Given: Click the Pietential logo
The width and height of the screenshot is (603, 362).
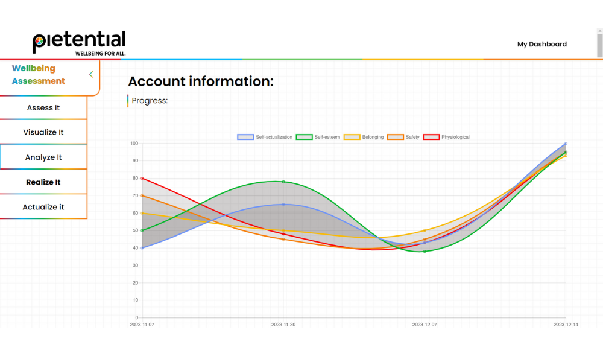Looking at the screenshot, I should pos(79,42).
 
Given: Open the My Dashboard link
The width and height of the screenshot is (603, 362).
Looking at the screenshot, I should pos(541,44).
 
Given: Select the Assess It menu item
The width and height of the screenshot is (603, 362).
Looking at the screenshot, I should pos(43,108).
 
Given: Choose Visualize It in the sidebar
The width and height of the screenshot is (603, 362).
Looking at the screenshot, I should pos(43,132).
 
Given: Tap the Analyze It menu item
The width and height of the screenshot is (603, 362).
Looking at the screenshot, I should pos(43,157).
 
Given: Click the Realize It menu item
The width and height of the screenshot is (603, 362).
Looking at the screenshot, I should pos(43,182).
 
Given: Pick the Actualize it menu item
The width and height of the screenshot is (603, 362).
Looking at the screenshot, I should pos(43,207).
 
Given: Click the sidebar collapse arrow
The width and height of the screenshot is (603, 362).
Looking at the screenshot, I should pos(91,75).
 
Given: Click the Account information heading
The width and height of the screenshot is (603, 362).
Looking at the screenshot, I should pos(201,81).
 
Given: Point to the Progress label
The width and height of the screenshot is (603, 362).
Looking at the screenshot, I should pos(150,101).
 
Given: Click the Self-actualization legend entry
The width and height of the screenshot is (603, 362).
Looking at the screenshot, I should pos(265,137).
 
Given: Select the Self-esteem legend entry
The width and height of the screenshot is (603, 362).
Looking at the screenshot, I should pos(320,137).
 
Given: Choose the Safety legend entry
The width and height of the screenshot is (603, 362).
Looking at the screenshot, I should pos(404,137).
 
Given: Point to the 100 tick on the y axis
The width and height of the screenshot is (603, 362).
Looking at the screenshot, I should pos(134,144).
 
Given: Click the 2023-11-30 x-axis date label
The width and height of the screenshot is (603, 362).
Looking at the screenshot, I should pos(283,325).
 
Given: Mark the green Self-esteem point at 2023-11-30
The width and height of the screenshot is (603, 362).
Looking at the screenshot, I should pos(283,182).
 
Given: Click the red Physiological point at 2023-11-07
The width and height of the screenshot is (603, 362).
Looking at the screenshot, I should pos(142,178).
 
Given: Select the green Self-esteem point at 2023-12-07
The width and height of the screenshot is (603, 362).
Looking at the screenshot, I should pos(425,251).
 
